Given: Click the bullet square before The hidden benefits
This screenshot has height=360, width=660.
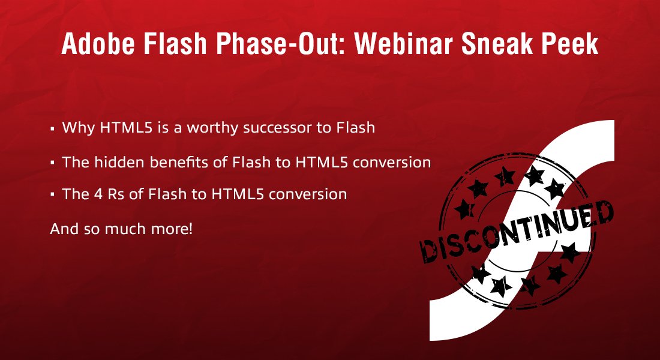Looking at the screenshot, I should tap(53, 163).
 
